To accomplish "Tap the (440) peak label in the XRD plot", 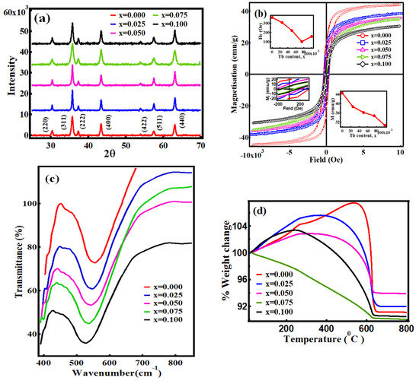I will [174, 120].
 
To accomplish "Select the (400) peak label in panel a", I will [101, 120].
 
